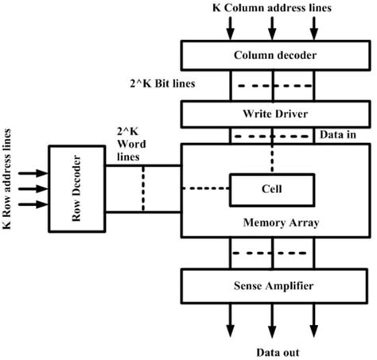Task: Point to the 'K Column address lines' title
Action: [275, 9]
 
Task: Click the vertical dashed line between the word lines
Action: [144, 189]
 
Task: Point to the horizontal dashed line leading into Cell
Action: [206, 188]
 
